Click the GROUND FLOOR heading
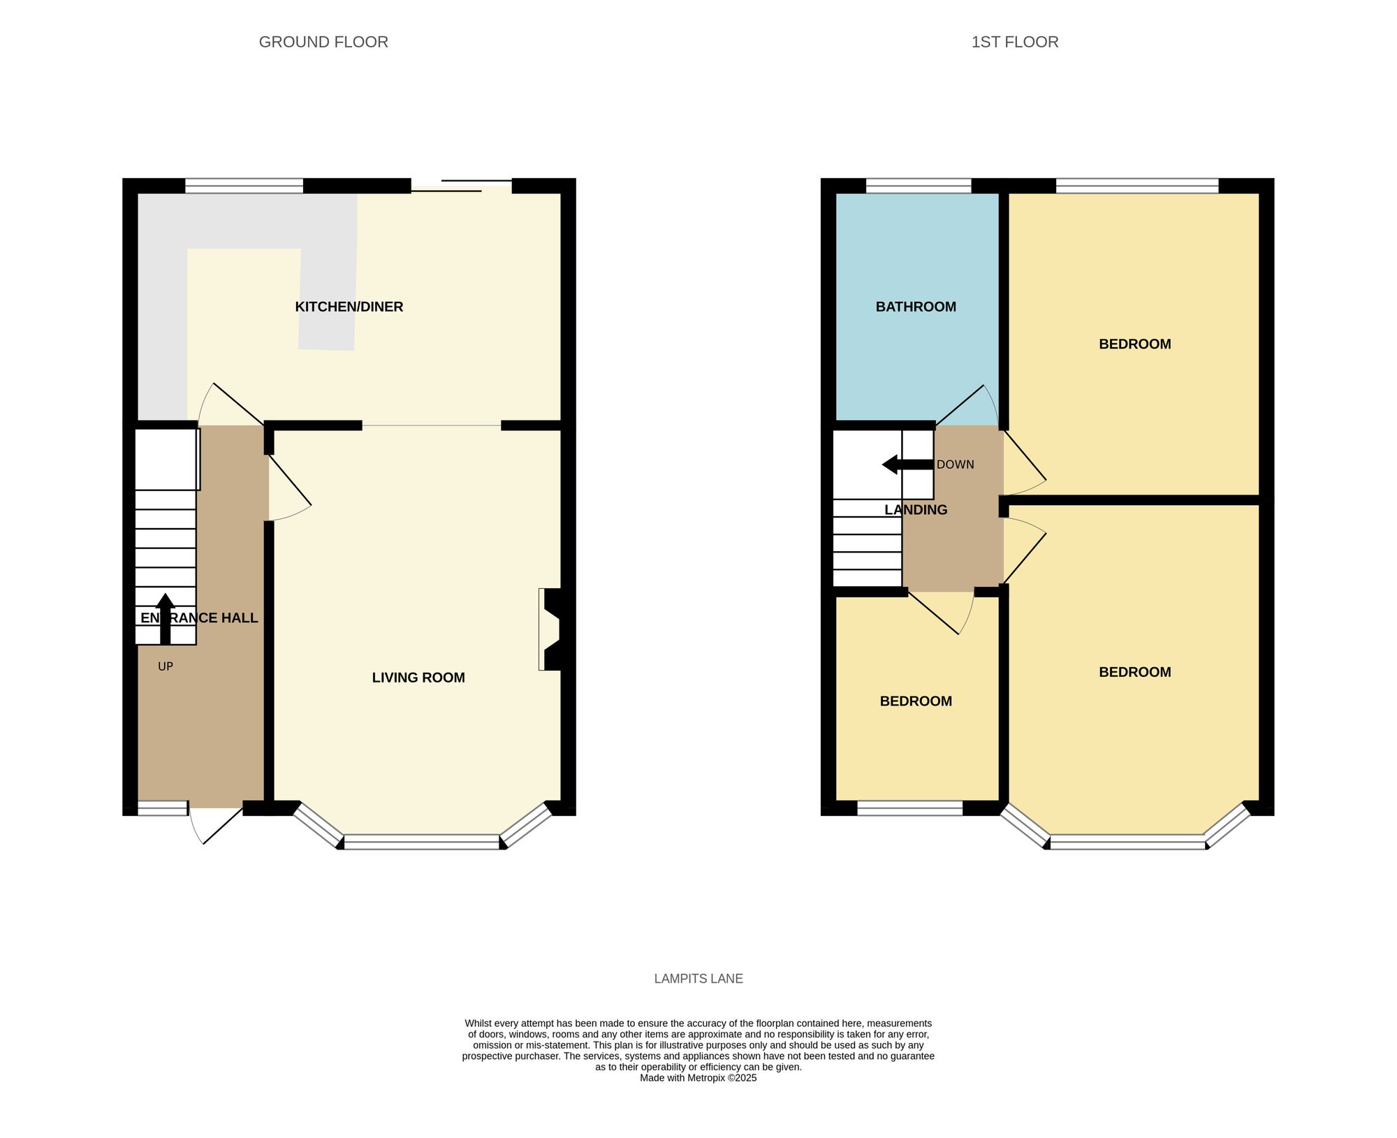point(323,42)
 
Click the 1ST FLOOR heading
point(1014,42)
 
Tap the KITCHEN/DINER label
point(349,307)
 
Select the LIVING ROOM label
point(418,677)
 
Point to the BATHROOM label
point(915,307)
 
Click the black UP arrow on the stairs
point(165,618)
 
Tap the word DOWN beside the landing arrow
point(955,465)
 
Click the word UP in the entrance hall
point(165,666)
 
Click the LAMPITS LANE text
point(698,979)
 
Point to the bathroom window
point(919,185)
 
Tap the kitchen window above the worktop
point(244,185)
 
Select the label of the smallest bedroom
point(915,701)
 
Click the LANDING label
point(915,510)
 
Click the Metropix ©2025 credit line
point(698,1078)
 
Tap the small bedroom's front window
point(909,808)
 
